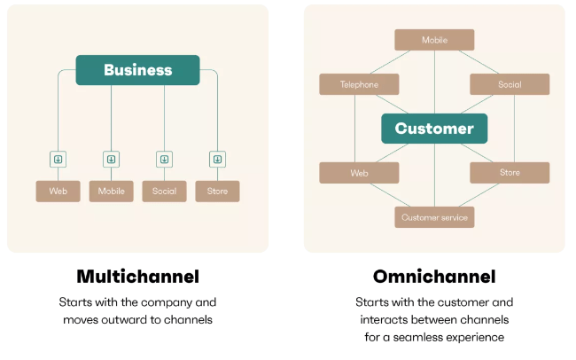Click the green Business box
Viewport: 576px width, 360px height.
pyautogui.click(x=137, y=70)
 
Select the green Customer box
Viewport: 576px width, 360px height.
pyautogui.click(x=434, y=129)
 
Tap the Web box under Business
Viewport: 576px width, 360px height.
pyautogui.click(x=58, y=192)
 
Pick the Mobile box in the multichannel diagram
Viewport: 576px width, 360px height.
pyautogui.click(x=112, y=192)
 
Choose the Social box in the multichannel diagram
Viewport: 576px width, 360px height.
pyautogui.click(x=164, y=192)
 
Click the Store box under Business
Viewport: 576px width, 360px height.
pyautogui.click(x=217, y=192)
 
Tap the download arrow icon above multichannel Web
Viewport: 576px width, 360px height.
pyautogui.click(x=58, y=160)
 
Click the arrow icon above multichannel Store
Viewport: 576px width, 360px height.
pyautogui.click(x=217, y=160)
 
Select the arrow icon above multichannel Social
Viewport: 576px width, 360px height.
pyautogui.click(x=164, y=160)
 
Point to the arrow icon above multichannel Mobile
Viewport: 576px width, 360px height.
pyautogui.click(x=112, y=160)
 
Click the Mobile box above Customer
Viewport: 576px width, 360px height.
pyautogui.click(x=434, y=40)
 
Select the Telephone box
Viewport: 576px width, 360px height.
pyautogui.click(x=359, y=84)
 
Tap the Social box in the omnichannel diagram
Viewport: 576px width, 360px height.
pyautogui.click(x=510, y=84)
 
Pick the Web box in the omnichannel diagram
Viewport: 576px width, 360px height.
pyautogui.click(x=359, y=173)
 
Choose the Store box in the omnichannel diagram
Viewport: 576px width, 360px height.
pyautogui.click(x=510, y=173)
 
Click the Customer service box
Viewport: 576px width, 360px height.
pyautogui.click(x=434, y=217)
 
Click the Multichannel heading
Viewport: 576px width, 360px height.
pyautogui.click(x=137, y=277)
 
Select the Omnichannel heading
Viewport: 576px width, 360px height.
pyautogui.click(x=434, y=277)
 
